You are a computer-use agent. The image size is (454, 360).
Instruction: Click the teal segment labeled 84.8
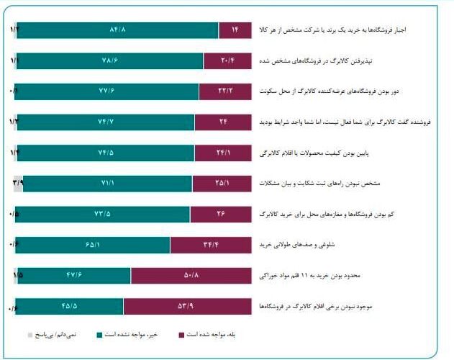pyautogui.click(x=117, y=30)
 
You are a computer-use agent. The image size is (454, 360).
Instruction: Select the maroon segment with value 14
pyautogui.click(x=235, y=30)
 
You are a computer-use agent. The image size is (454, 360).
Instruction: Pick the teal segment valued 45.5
pyautogui.click(x=69, y=307)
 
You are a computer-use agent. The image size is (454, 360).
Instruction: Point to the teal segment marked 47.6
pyautogui.click(x=74, y=276)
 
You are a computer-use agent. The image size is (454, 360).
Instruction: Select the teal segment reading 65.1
pyautogui.click(x=92, y=246)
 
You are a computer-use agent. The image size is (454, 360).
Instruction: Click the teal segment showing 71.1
pyautogui.click(x=103, y=184)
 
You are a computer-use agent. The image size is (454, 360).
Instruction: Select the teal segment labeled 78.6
pyautogui.click(x=109, y=61)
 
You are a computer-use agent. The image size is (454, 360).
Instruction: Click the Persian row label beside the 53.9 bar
pyautogui.click(x=326, y=307)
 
